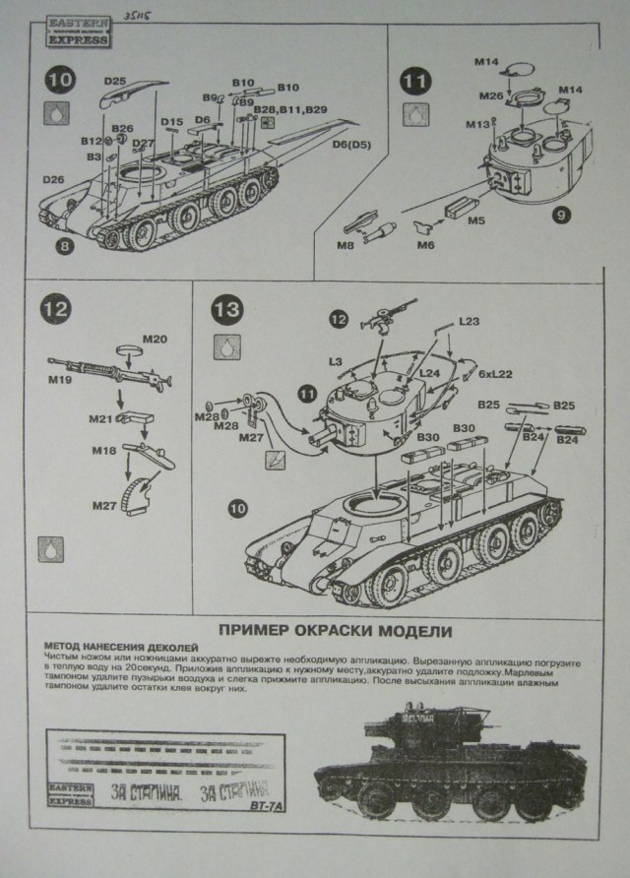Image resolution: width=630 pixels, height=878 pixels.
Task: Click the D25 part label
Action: coord(114,81)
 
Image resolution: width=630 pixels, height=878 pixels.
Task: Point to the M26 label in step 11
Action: coord(491,95)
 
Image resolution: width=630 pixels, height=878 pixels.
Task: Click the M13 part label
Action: coord(478,124)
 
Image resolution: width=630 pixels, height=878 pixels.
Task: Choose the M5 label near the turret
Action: coord(476,220)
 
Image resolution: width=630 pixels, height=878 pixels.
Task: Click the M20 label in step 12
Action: coord(156,340)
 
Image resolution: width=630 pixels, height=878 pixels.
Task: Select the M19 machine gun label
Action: coord(61,377)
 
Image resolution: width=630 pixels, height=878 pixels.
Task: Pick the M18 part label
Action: coord(104,449)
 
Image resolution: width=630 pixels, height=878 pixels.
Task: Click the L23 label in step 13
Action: coord(470,322)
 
